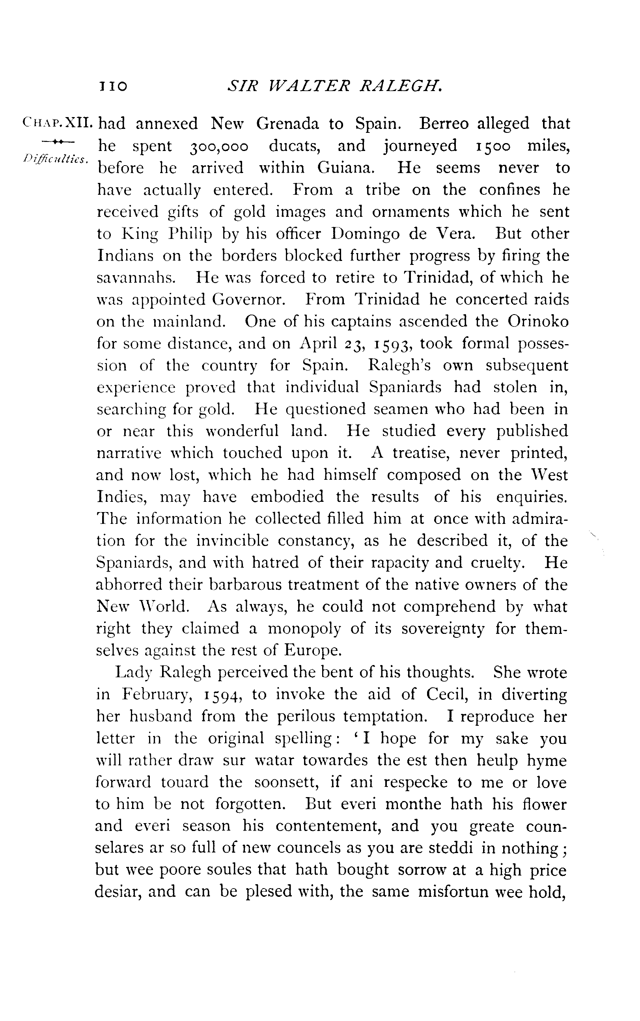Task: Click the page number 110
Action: (113, 86)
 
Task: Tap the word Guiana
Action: (346, 168)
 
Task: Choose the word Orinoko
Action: (538, 322)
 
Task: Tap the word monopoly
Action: (304, 629)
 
